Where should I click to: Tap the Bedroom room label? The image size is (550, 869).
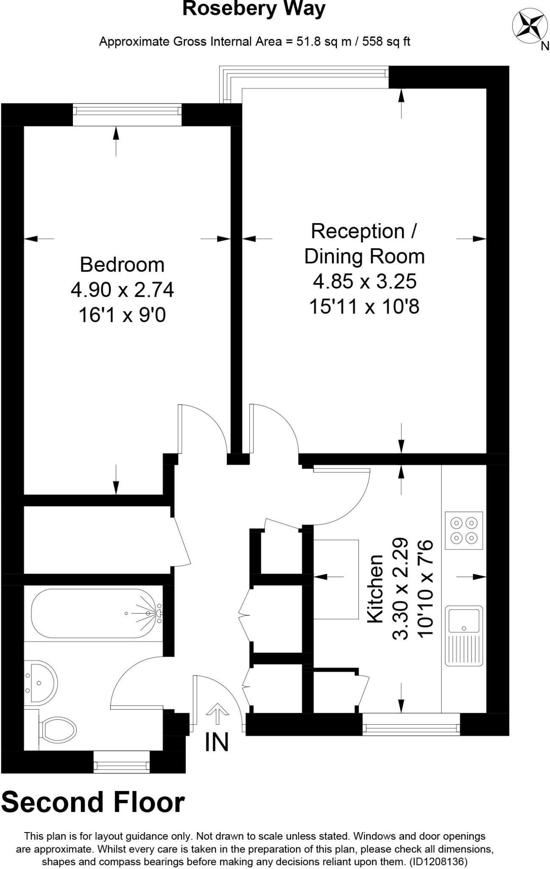pyautogui.click(x=122, y=265)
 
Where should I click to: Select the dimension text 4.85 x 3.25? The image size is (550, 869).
pyautogui.click(x=365, y=281)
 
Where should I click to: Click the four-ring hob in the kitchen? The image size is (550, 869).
pyautogui.click(x=464, y=531)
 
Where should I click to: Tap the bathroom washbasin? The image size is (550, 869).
pyautogui.click(x=41, y=683)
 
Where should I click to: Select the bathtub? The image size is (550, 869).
pyautogui.click(x=95, y=613)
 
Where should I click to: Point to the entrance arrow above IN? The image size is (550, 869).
pyautogui.click(x=217, y=714)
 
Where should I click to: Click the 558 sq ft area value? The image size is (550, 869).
pyautogui.click(x=386, y=42)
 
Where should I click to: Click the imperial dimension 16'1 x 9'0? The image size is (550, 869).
pyautogui.click(x=122, y=315)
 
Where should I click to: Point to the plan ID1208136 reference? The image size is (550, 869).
pyautogui.click(x=439, y=862)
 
